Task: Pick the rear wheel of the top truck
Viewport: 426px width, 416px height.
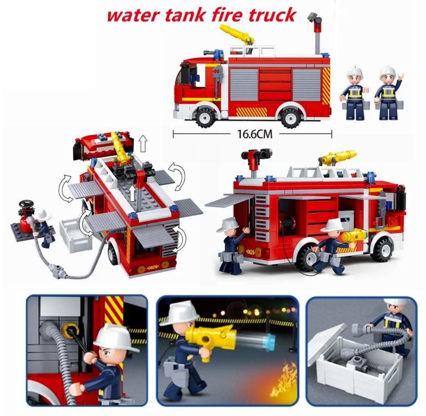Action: [x=290, y=116]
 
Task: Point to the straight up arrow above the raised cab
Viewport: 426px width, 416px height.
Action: [x=143, y=144]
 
